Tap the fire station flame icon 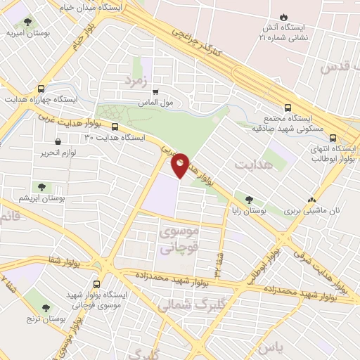283,17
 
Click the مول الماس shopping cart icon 155,91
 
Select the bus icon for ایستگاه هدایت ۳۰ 115,127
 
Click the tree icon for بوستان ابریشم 42,187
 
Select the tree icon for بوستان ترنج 47,308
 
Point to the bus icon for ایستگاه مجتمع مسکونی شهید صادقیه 287,108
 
